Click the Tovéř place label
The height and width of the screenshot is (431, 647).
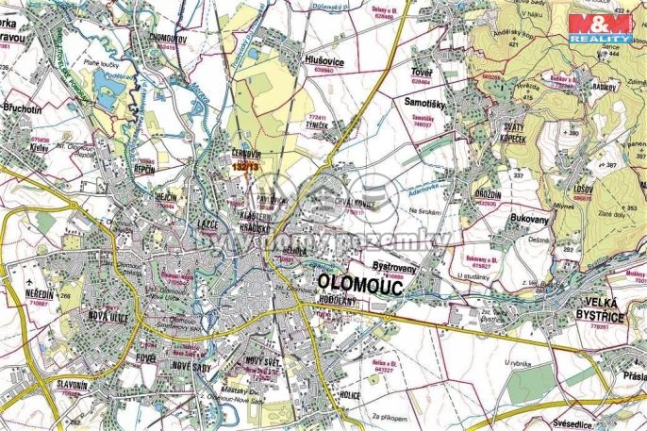tap(421, 72)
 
